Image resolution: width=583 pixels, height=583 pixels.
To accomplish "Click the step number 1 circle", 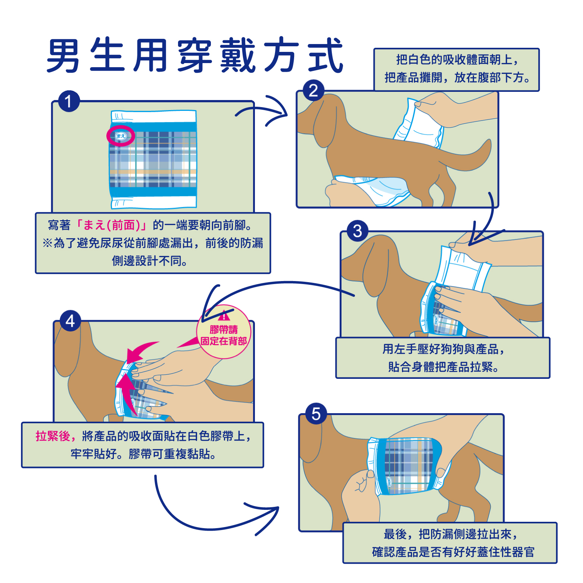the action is [x=69, y=102].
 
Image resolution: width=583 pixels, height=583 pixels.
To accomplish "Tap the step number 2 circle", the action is [x=314, y=91].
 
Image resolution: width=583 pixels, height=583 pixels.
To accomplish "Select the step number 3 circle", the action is [x=357, y=231].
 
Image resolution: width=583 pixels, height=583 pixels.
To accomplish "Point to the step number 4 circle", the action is [x=70, y=321].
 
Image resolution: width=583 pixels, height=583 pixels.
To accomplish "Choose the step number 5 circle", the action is [x=316, y=414].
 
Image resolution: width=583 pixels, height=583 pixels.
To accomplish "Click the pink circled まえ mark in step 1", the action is [x=121, y=136].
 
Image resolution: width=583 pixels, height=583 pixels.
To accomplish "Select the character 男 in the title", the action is [x=63, y=55].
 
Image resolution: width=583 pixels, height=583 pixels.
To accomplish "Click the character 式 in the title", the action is [x=325, y=55].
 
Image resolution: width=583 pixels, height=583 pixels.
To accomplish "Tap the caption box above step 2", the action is [x=456, y=69].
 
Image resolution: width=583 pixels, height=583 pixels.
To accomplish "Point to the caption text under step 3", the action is [x=443, y=358].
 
